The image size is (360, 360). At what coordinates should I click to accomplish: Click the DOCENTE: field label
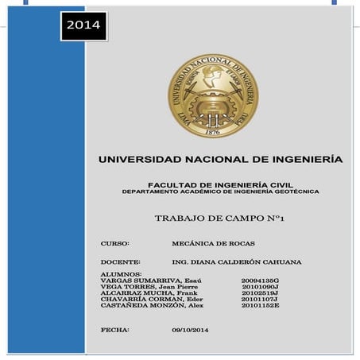tap(120, 261)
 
